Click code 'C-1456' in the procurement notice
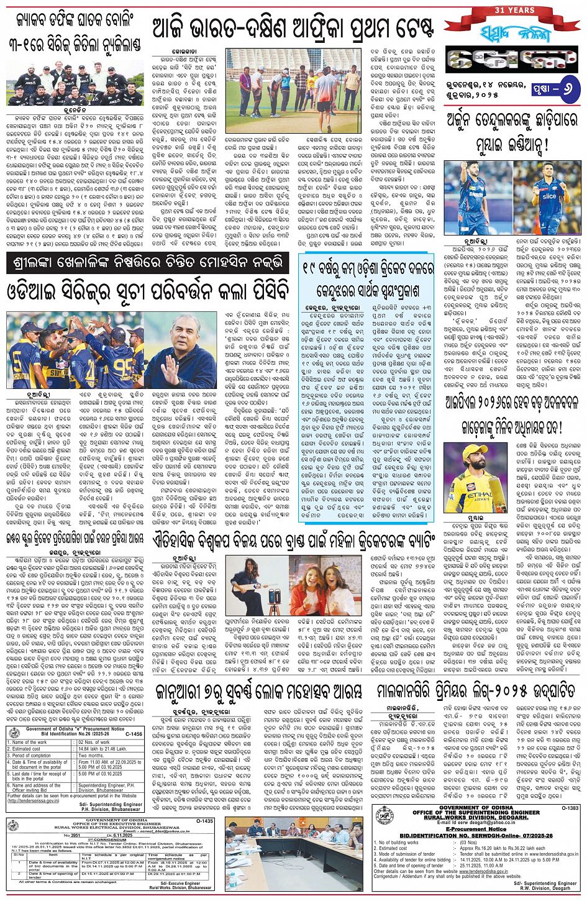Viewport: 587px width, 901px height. tap(134, 734)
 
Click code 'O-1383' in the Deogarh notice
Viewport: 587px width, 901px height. tap(570, 808)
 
